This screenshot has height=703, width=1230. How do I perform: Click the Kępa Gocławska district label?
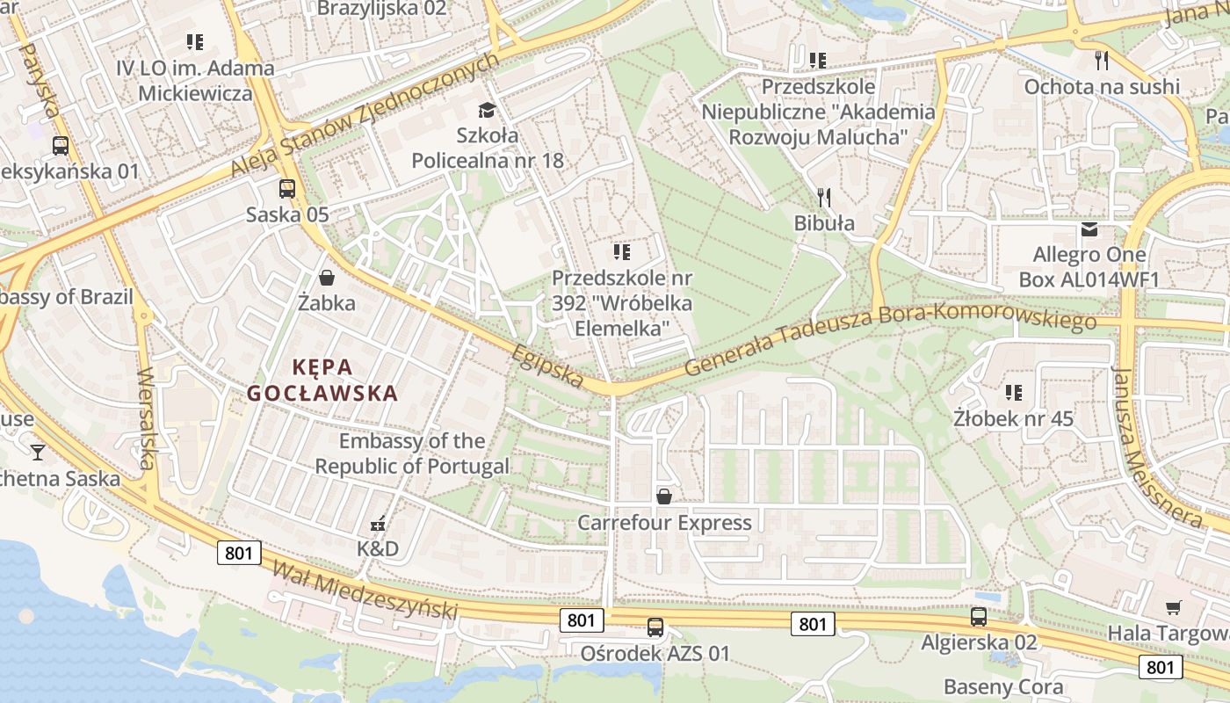coord(322,380)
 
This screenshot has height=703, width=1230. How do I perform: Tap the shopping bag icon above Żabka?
coord(327,279)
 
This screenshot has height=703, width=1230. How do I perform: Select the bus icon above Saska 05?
coord(287,188)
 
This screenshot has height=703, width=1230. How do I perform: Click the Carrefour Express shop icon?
coord(664,496)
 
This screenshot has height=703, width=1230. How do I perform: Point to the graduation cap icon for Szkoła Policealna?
coord(487,110)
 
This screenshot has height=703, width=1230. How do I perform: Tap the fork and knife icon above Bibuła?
coord(823,197)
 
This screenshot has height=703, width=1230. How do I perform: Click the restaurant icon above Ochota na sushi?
coord(1102,61)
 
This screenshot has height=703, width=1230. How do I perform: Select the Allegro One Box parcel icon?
coord(1089,229)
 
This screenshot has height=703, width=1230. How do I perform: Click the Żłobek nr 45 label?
coord(1014,418)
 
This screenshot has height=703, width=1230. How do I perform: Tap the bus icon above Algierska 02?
coord(979,617)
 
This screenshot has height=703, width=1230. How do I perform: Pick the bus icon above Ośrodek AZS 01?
coord(655,627)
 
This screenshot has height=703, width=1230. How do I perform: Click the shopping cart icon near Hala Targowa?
coord(1173,607)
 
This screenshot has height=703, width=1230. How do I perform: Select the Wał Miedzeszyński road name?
coord(365,590)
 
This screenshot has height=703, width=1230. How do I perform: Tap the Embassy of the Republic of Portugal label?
coord(412,453)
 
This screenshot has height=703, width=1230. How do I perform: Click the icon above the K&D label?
coord(378,524)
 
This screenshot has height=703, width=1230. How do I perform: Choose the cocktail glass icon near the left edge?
coord(38,453)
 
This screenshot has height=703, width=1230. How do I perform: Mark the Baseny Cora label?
coord(1003,686)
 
